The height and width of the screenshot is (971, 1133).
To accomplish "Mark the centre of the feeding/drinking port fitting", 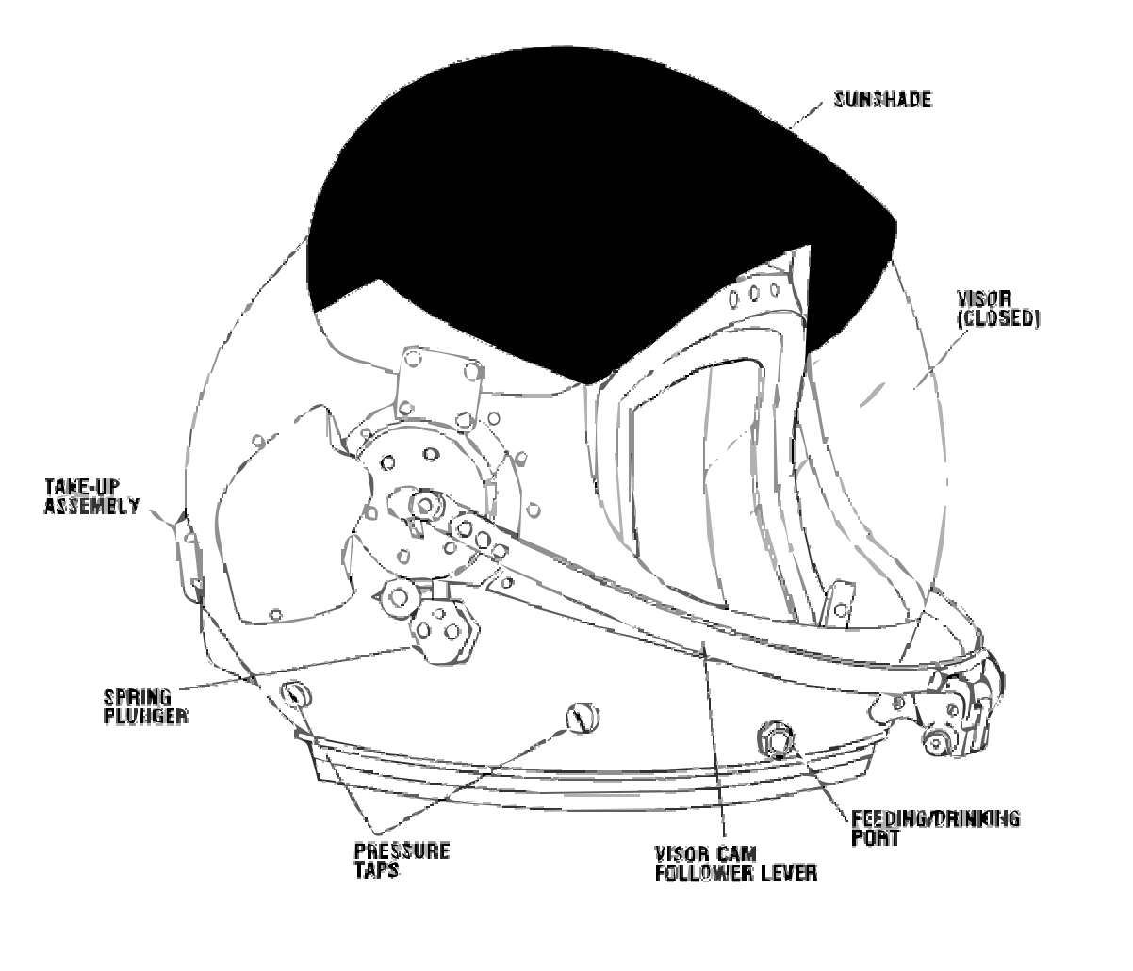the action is [x=776, y=741].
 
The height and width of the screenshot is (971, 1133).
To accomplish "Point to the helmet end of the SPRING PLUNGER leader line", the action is [x=411, y=647].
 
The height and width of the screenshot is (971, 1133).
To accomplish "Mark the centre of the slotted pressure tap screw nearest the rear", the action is [x=297, y=694].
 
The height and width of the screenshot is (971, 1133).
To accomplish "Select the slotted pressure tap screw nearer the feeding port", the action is [x=583, y=718].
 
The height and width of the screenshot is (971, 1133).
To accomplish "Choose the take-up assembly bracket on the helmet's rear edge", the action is [x=188, y=556].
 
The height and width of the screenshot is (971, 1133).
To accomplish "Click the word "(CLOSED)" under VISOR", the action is [x=999, y=319].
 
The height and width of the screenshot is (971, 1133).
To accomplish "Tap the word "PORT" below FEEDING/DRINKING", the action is [x=876, y=838].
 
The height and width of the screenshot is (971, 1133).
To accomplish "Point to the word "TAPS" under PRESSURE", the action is [x=377, y=870].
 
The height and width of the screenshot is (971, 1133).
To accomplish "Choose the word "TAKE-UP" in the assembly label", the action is [x=82, y=487].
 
